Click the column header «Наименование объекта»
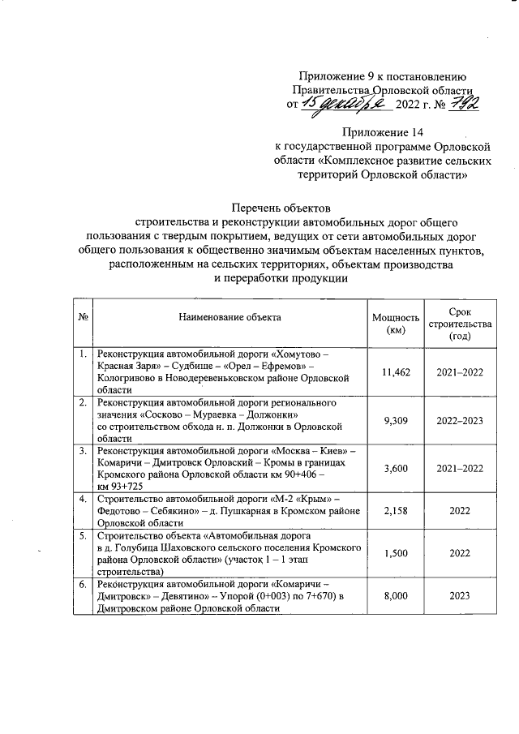click(229, 319)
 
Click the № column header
click(83, 319)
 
